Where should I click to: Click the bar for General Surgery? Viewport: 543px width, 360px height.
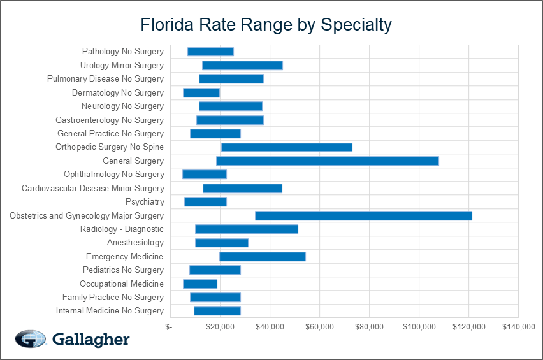[x=327, y=161]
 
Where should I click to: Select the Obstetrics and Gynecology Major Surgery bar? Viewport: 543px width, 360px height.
[x=363, y=215]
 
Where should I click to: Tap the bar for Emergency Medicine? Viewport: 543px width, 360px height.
[x=262, y=256]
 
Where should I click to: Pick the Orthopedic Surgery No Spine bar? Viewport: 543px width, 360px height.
[x=286, y=147]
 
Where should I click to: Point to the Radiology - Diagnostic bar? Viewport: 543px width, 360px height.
[x=246, y=229]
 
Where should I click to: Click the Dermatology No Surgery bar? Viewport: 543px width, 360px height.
[x=201, y=92]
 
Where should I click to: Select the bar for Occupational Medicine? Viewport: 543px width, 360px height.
[x=199, y=284]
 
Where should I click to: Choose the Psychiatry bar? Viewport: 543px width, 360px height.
[x=205, y=201]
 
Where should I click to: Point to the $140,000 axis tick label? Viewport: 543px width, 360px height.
[x=518, y=327]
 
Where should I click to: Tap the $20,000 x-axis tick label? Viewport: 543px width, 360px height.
[x=219, y=327]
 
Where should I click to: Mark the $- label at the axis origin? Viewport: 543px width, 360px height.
[x=168, y=327]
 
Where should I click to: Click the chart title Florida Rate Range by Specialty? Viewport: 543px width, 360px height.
[x=266, y=25]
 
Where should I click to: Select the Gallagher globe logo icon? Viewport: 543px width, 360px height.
[x=30, y=340]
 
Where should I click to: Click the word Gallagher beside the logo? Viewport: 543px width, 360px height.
[x=90, y=340]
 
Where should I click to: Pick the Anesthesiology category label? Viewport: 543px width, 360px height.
[x=135, y=243]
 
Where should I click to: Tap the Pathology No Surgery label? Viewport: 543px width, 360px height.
[x=123, y=52]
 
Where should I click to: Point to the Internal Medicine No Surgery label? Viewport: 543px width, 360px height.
[x=110, y=311]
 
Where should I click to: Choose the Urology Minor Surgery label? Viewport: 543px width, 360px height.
[x=122, y=65]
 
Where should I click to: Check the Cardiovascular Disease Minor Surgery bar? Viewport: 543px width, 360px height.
[x=242, y=188]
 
